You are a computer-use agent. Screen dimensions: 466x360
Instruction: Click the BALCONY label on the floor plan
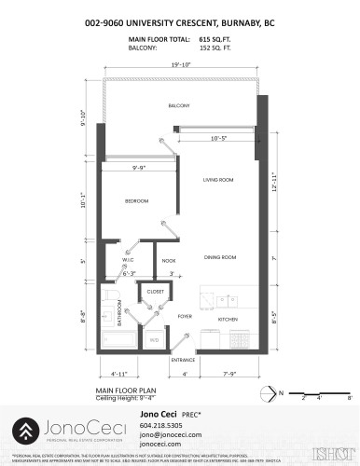[179, 105]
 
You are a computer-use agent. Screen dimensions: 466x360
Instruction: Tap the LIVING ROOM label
[217, 179]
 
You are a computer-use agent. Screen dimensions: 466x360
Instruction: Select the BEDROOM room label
[137, 200]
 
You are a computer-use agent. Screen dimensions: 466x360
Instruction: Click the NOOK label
[169, 261]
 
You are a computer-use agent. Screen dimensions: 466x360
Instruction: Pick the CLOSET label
[155, 292]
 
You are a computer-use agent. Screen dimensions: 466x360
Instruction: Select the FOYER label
[185, 317]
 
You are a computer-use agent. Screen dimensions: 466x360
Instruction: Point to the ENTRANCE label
[183, 359]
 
